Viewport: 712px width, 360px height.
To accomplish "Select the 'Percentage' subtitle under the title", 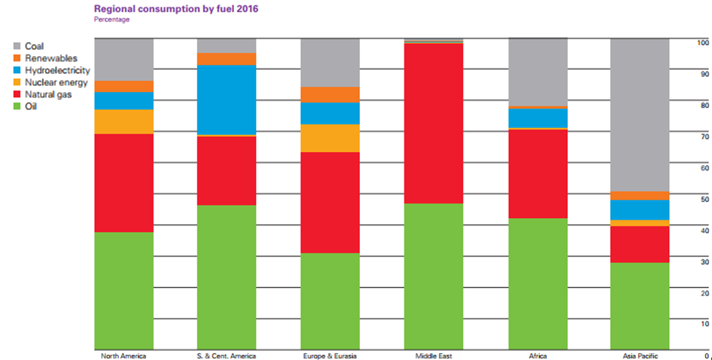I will tap(111, 20).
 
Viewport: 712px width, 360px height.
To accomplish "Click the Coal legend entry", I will tap(34, 47).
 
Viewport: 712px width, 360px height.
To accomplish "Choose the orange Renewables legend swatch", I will tap(17, 59).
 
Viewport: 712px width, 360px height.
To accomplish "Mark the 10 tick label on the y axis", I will tap(702, 323).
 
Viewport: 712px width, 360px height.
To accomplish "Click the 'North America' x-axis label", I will tap(124, 355).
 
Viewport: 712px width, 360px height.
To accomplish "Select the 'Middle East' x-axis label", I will tap(433, 355).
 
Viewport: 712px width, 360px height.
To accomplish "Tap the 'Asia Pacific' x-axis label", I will tap(639, 355).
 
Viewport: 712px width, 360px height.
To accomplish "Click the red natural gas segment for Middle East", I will tap(433, 123).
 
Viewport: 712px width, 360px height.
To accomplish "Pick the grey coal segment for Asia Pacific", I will tap(640, 115).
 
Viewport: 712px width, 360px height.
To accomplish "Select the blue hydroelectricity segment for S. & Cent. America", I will tap(227, 100).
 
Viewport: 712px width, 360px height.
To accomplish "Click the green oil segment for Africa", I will tap(537, 284).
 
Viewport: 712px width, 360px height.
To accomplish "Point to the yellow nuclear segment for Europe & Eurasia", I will tap(331, 138).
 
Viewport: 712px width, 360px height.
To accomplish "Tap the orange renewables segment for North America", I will tap(124, 86).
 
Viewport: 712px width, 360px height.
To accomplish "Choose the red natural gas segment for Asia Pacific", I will tap(640, 244).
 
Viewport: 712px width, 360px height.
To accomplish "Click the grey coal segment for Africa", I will tap(537, 72).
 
